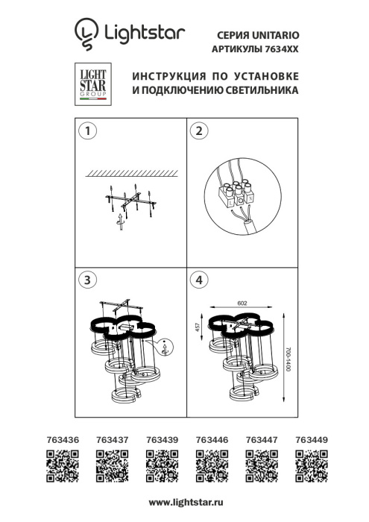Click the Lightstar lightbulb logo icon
point(86,34)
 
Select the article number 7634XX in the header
point(280,48)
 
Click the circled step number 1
point(88,131)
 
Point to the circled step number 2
point(198,131)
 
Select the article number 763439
point(162,441)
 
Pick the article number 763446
point(211,441)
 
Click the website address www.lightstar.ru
point(186,505)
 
